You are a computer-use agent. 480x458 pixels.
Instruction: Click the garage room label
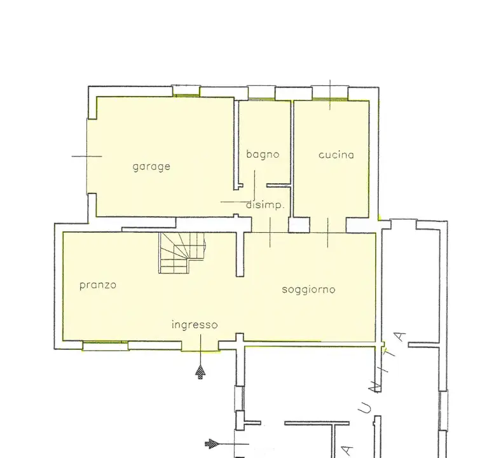click(151, 167)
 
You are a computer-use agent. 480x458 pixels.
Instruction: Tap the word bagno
click(263, 154)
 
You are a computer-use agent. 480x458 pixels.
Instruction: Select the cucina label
click(336, 155)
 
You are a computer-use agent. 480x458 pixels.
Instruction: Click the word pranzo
click(98, 285)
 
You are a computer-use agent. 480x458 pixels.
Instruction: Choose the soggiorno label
click(308, 289)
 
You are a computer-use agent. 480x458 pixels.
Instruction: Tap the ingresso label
click(195, 324)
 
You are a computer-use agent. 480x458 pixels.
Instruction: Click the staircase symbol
click(181, 252)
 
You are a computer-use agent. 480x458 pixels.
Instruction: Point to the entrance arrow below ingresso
click(201, 372)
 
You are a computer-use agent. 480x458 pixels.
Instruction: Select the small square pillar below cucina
click(298, 225)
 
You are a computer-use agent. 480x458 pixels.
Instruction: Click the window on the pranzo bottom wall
click(106, 345)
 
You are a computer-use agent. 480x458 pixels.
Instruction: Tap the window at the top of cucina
click(330, 92)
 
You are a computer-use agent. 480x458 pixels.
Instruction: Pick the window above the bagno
click(261, 92)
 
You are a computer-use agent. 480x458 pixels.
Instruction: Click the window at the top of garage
click(187, 91)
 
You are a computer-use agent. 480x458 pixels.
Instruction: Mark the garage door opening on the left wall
click(89, 156)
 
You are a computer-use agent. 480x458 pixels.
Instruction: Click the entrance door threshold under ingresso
click(200, 347)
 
